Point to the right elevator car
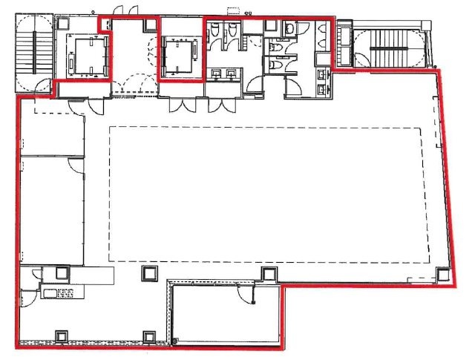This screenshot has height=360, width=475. click(x=179, y=55)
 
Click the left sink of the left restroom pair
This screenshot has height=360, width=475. click(x=218, y=73)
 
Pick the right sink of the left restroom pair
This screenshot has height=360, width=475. click(x=233, y=73)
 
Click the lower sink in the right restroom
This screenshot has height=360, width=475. click(x=321, y=88)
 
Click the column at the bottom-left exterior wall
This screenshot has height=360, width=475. click(x=60, y=336)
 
